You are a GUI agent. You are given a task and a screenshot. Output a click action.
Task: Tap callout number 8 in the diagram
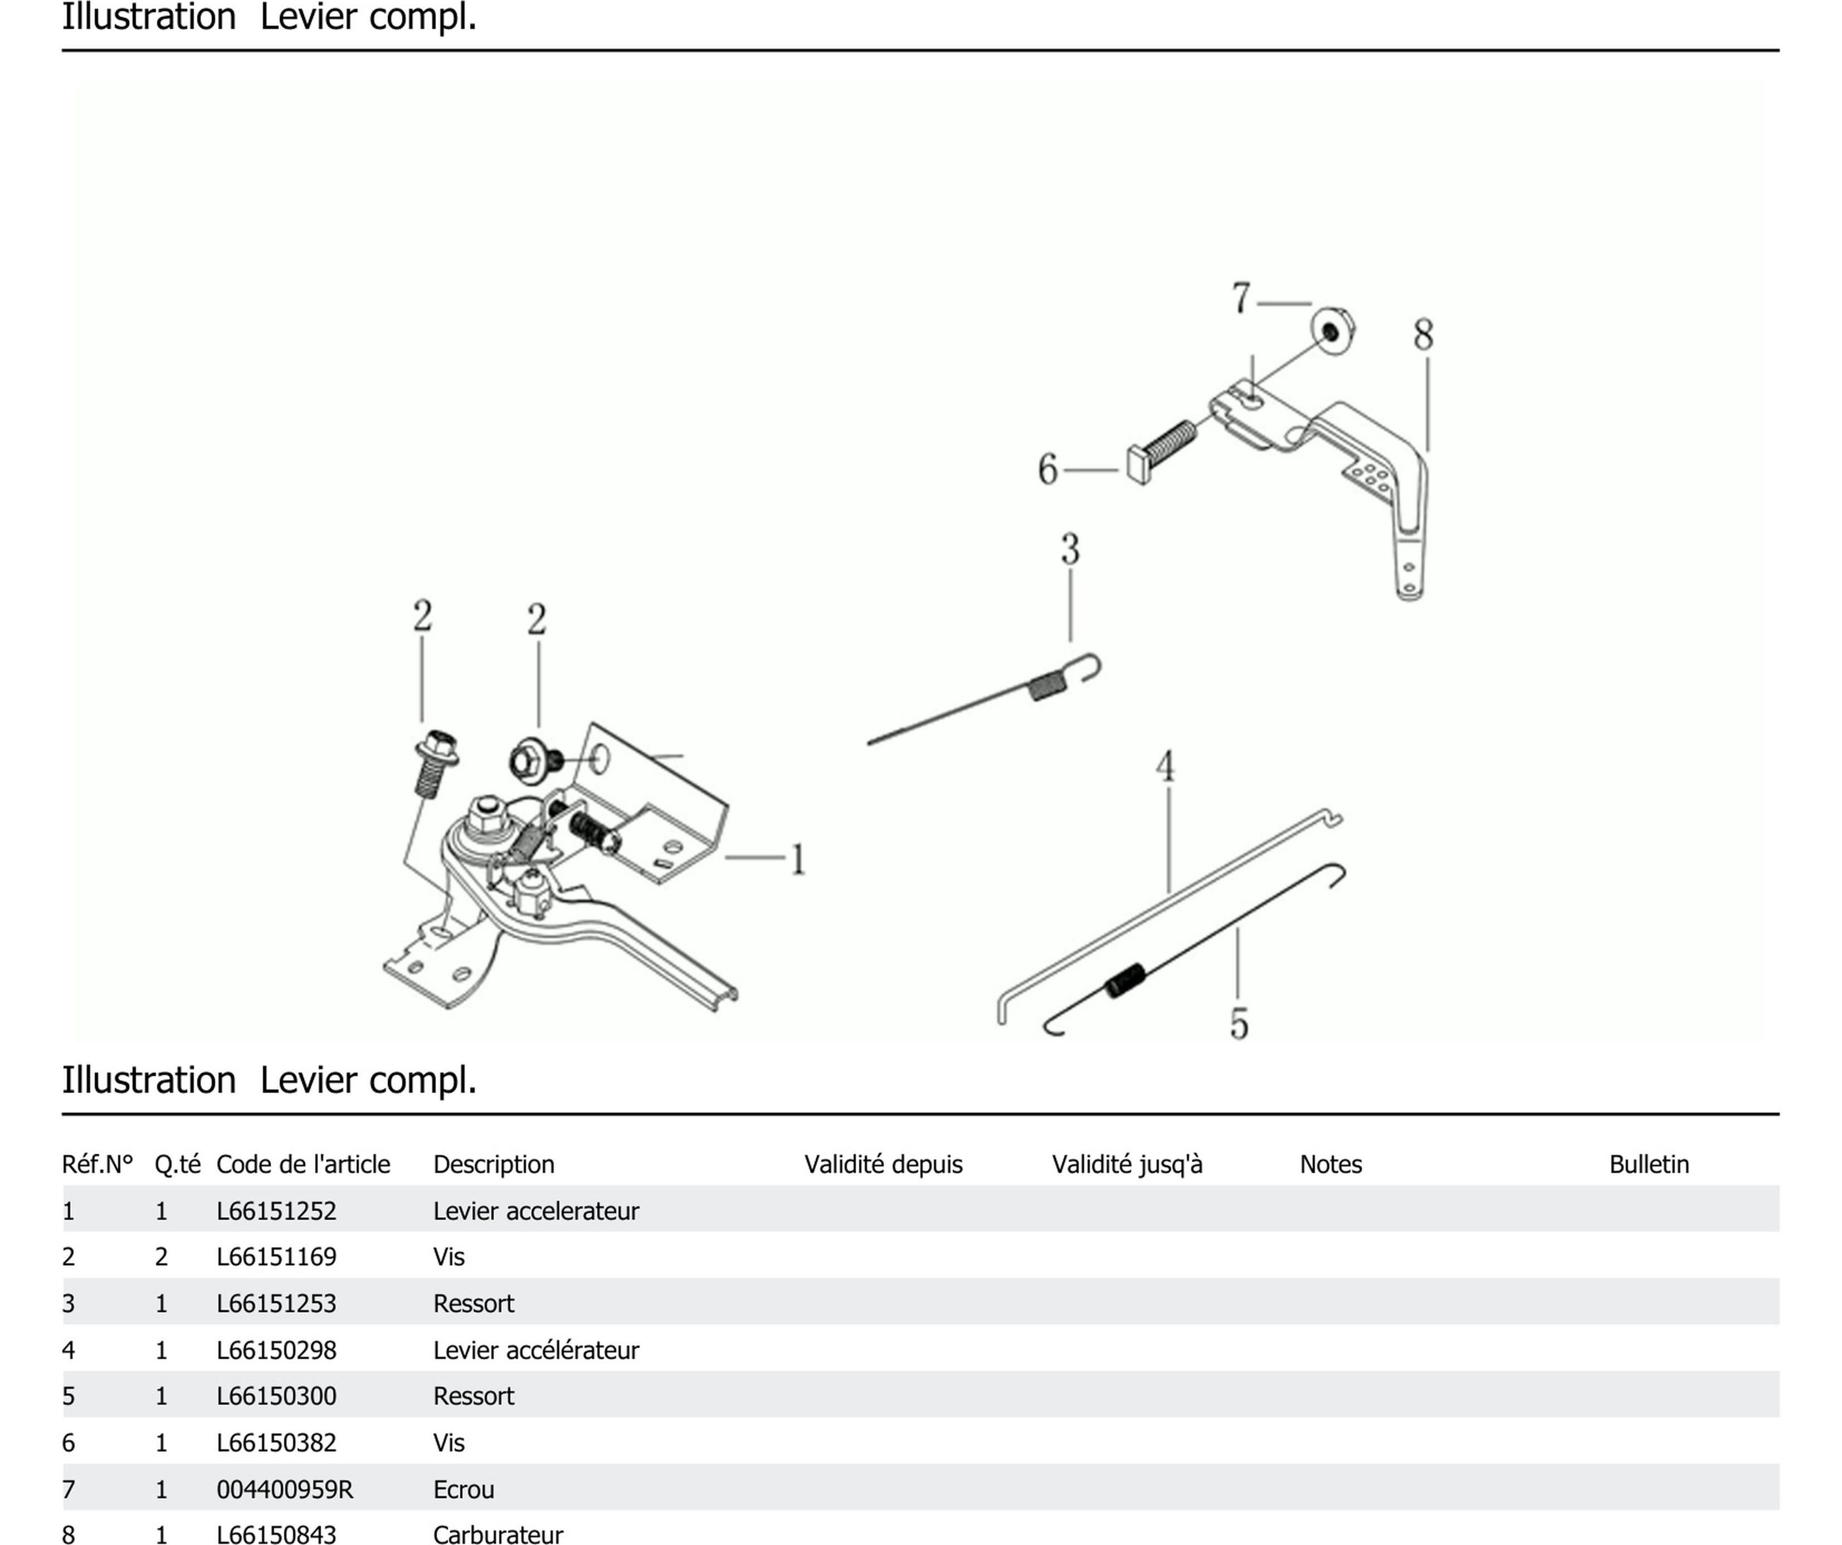click(x=1422, y=335)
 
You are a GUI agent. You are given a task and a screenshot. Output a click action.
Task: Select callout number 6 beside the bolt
click(x=1047, y=469)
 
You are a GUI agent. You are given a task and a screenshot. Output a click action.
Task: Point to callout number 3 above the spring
click(x=1069, y=550)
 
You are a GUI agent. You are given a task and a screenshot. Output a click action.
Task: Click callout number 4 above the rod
click(x=1165, y=766)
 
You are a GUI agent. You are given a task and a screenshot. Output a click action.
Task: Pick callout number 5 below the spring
click(x=1239, y=1023)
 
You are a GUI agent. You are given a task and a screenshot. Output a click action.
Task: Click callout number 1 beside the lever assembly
click(x=797, y=859)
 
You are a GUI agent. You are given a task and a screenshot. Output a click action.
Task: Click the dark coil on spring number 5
click(x=1125, y=980)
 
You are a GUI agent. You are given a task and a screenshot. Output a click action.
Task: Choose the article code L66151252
click(x=276, y=1211)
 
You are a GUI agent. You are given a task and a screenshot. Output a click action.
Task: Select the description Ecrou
click(x=463, y=1489)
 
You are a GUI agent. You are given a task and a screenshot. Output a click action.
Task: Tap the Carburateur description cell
click(x=498, y=1534)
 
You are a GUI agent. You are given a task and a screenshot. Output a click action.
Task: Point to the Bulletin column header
click(x=1648, y=1165)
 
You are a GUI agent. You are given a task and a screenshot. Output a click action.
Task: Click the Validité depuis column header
click(x=883, y=1165)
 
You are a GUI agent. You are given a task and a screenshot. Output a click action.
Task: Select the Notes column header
click(x=1330, y=1165)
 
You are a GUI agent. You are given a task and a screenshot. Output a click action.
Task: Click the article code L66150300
click(x=276, y=1396)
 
